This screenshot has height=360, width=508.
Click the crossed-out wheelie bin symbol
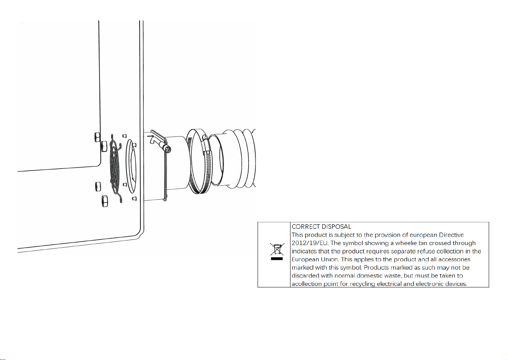tap(277, 249)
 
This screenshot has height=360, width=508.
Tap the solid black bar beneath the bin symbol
tap(277, 259)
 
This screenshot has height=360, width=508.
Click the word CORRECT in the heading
tap(306, 227)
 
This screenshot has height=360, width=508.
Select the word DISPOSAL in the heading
tap(336, 227)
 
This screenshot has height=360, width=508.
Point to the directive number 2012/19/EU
tap(309, 243)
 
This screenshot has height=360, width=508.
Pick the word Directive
tap(451, 235)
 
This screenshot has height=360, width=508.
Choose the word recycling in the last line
tap(362, 284)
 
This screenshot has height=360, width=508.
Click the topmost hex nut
tap(97, 137)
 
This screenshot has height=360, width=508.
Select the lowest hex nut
tap(104, 201)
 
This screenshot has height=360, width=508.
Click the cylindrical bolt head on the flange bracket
tap(168, 149)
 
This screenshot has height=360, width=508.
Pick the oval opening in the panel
tap(132, 166)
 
